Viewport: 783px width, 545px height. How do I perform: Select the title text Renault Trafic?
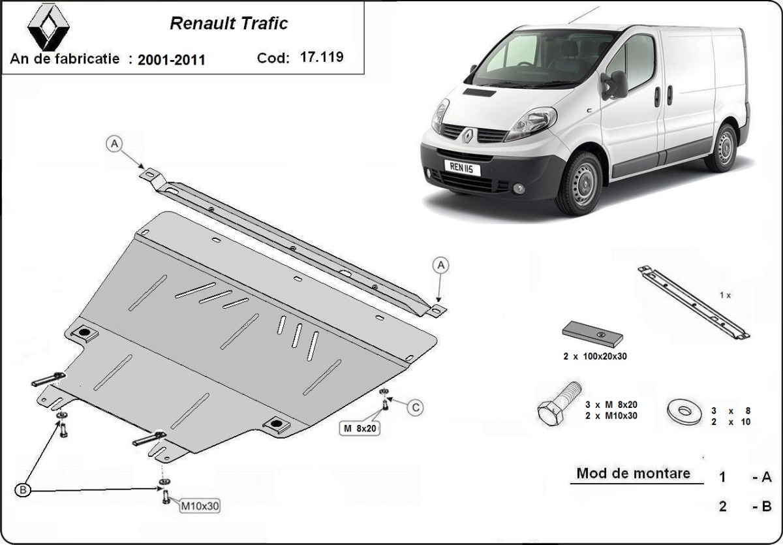click(x=228, y=24)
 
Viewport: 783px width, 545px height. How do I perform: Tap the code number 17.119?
click(x=322, y=57)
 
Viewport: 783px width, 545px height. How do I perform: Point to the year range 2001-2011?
click(x=172, y=60)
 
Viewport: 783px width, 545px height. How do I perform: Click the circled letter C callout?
click(x=416, y=409)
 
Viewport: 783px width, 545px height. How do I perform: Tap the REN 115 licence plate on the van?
click(x=462, y=168)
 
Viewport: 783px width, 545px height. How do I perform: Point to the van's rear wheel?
click(x=722, y=148)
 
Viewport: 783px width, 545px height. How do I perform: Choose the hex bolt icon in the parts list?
click(x=559, y=405)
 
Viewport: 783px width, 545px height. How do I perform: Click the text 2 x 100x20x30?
click(x=591, y=357)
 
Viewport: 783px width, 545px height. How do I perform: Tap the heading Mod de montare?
click(x=633, y=473)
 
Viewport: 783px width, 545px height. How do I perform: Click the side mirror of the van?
click(x=616, y=85)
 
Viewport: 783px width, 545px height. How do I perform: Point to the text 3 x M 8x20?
click(x=611, y=404)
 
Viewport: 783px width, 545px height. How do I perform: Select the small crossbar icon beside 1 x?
click(x=693, y=302)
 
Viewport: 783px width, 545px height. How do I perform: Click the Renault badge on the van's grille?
click(x=469, y=135)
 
